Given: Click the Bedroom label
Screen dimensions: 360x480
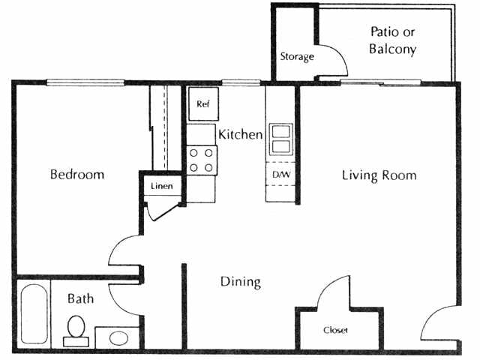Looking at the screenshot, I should pos(77,175).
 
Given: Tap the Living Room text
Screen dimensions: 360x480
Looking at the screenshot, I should pos(379,175).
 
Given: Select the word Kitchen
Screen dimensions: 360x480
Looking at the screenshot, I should pos(240,135).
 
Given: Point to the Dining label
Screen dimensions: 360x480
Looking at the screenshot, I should pos(240,282).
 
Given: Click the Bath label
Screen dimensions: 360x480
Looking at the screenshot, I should pos(81,298).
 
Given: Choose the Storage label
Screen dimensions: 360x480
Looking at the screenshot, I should pos(297,57).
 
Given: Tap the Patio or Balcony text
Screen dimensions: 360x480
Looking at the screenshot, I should pos(393,41).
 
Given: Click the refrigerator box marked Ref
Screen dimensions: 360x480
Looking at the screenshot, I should pos(202,105).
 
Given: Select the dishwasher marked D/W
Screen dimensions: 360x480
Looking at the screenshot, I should pos(281,175).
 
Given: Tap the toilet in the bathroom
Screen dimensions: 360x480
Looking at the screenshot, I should pos(76,328).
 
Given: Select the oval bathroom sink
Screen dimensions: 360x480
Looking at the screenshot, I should pos(118,337).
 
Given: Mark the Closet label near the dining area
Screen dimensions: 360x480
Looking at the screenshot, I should pos(335,330).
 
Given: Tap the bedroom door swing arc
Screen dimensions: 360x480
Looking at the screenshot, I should pos(124,250).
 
